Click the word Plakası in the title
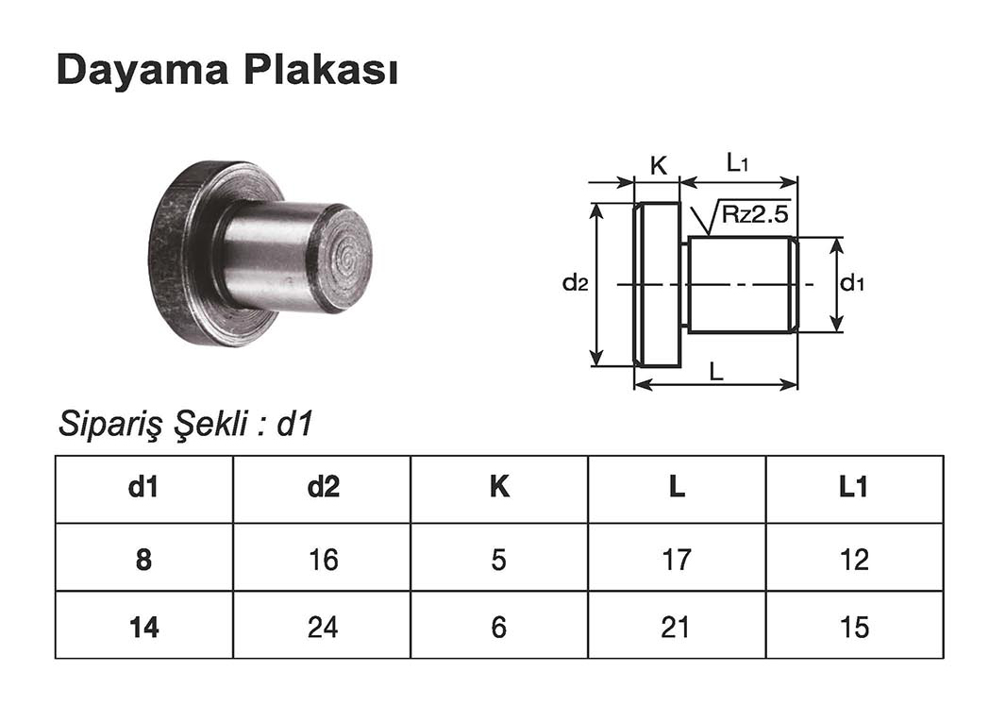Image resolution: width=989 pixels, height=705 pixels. (320, 71)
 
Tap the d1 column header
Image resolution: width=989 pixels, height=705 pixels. (143, 488)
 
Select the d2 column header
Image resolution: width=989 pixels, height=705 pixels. (322, 488)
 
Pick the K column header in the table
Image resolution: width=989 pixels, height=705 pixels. (498, 488)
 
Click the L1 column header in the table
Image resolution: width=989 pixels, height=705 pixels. (854, 488)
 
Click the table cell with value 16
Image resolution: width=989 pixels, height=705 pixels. (322, 560)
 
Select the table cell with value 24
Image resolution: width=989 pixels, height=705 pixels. (322, 627)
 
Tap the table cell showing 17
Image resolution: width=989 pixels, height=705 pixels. (676, 560)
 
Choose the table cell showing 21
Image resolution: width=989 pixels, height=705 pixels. (676, 627)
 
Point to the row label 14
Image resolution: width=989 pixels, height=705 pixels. (143, 627)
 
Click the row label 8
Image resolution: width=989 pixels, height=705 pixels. (143, 560)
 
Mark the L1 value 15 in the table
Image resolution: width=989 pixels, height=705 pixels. (854, 627)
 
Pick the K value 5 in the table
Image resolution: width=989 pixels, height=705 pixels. (498, 560)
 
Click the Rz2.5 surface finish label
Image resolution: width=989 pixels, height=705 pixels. (754, 214)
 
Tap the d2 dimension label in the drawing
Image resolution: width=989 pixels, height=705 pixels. (575, 282)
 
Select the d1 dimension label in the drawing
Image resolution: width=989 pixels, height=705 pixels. (853, 282)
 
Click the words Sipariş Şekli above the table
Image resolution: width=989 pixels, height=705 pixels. (157, 425)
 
